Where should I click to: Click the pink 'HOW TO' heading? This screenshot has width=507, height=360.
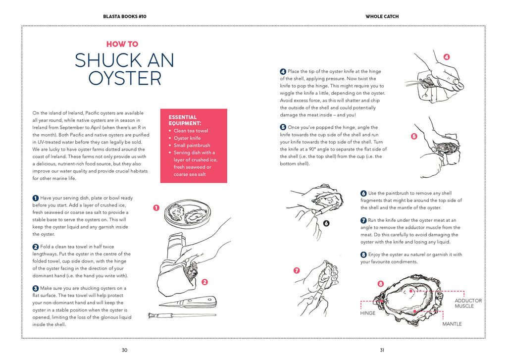click(122, 44)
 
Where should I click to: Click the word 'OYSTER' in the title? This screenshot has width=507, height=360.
click(125, 78)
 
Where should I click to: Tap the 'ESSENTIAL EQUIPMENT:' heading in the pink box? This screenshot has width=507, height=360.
click(185, 120)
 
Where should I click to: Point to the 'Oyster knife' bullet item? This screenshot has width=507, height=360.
click(187, 138)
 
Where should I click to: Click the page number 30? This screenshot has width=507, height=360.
click(124, 350)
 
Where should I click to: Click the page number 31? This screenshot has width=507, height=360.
click(382, 350)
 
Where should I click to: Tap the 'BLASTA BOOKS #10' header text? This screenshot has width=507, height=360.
click(124, 16)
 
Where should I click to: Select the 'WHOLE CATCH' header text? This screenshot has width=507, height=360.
click(382, 16)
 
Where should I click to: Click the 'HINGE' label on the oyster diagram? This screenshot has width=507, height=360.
click(367, 313)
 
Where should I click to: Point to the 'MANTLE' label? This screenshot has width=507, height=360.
click(452, 324)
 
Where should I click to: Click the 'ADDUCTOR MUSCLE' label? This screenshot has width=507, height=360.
click(468, 303)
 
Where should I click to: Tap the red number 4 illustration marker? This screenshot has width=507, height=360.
click(447, 57)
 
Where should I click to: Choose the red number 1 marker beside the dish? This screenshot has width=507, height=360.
click(156, 208)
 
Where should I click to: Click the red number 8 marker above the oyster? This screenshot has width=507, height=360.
click(380, 284)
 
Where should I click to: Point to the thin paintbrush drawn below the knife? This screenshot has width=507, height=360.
click(182, 314)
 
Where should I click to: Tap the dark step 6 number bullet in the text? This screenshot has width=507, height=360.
click(363, 193)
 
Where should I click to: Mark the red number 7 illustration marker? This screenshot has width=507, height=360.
click(297, 270)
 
